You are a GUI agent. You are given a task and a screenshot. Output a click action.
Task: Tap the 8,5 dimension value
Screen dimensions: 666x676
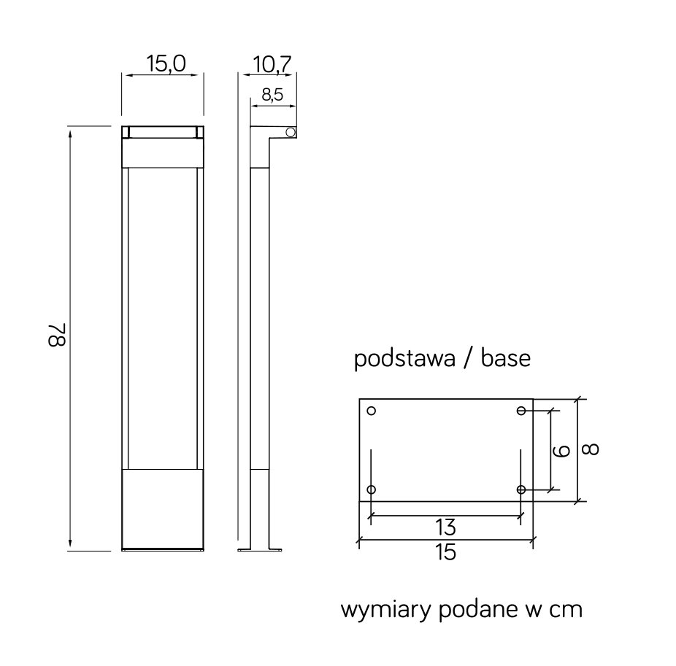click(x=271, y=95)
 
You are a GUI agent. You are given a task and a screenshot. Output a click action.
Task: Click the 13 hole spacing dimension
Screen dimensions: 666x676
click(x=445, y=526)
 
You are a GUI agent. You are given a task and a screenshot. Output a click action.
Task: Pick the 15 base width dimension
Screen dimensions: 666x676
click(x=445, y=552)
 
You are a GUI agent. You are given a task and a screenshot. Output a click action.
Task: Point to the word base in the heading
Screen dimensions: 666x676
click(x=506, y=360)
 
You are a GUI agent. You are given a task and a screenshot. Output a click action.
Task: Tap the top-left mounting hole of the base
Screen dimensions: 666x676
click(x=372, y=411)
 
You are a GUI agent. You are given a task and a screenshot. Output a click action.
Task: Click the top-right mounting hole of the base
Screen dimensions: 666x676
click(x=521, y=411)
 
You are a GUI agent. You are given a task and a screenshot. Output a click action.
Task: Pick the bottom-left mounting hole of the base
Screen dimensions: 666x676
click(x=372, y=489)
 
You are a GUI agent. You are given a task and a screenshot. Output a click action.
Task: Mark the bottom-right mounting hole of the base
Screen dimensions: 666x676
click(x=521, y=489)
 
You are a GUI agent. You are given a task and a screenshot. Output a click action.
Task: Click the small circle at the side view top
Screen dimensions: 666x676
click(x=290, y=132)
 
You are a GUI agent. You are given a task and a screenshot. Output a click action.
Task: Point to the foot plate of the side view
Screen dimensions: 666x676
click(x=261, y=549)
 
